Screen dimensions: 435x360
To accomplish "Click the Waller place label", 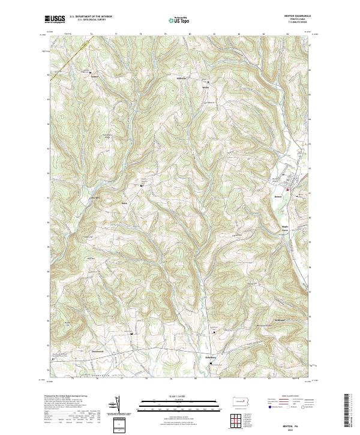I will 205,86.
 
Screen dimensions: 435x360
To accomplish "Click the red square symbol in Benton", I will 287,190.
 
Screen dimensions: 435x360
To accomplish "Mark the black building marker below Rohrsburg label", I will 211,362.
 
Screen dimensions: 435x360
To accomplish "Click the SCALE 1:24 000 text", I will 179,395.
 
